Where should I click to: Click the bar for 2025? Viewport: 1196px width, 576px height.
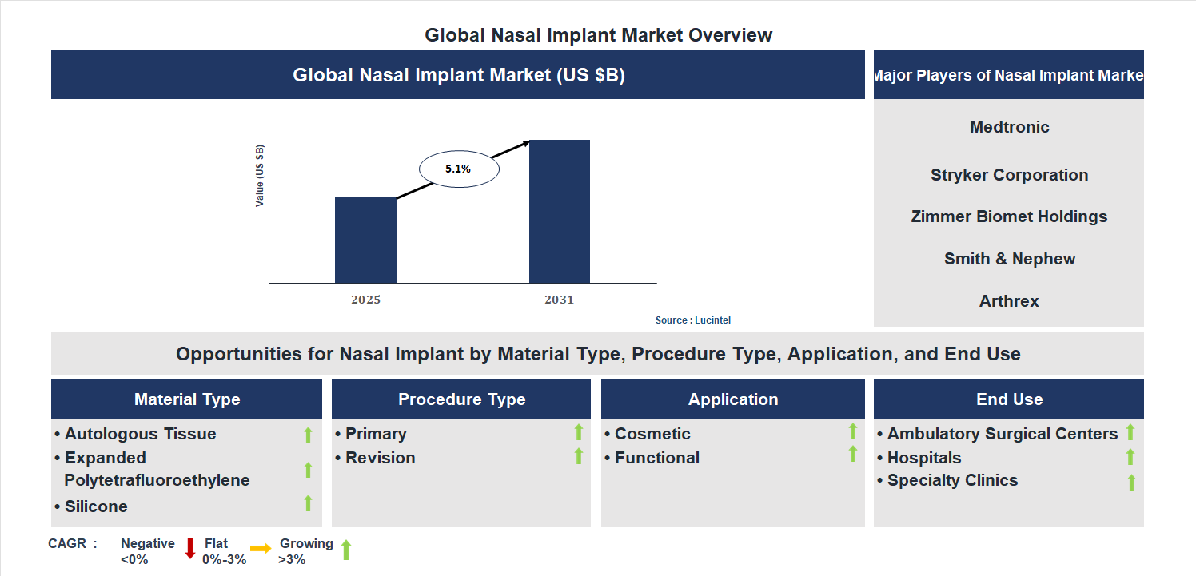(365, 240)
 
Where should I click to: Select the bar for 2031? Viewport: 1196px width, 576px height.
(559, 212)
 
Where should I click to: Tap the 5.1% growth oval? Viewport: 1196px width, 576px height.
(459, 169)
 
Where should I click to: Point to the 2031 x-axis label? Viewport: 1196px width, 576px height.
(559, 300)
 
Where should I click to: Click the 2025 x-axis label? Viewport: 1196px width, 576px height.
(365, 300)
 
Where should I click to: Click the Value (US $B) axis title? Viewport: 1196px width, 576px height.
(260, 176)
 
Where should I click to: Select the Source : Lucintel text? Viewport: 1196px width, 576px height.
(692, 320)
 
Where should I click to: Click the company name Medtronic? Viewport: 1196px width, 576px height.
(1009, 127)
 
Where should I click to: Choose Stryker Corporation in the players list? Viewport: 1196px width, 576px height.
(1009, 175)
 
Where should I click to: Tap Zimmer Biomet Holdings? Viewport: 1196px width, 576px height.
(1009, 216)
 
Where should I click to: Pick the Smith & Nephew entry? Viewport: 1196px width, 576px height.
(1009, 259)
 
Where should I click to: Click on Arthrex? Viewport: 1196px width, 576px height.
(1009, 301)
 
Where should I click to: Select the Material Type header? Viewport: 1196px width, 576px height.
(187, 399)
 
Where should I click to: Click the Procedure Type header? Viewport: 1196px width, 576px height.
(461, 399)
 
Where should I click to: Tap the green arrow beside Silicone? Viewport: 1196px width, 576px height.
(308, 503)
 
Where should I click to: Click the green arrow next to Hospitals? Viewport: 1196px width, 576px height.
(1130, 457)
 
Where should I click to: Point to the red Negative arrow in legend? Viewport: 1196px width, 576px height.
(190, 549)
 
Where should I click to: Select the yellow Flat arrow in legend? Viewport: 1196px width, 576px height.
(261, 549)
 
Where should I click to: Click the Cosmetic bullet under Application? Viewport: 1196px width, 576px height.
(652, 434)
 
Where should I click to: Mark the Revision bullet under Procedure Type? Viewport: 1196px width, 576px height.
(380, 458)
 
